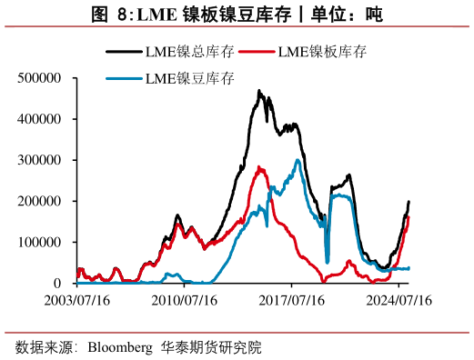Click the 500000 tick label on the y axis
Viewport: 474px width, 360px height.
click(x=39, y=78)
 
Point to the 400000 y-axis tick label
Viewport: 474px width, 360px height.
click(x=39, y=119)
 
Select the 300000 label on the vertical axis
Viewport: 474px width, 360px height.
click(x=39, y=160)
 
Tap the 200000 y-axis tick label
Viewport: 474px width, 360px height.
click(x=39, y=201)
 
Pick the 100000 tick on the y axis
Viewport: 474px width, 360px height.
click(x=39, y=242)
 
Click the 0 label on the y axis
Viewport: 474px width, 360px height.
click(x=56, y=283)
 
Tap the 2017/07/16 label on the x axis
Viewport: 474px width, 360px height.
click(x=291, y=299)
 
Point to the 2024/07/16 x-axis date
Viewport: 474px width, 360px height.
click(x=398, y=299)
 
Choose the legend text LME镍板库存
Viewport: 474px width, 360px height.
click(x=325, y=53)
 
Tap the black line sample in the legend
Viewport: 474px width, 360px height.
click(x=121, y=53)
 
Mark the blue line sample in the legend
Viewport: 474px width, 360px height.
click(x=121, y=79)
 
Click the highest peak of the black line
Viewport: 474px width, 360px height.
click(x=259, y=91)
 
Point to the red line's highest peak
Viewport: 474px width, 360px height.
click(x=260, y=167)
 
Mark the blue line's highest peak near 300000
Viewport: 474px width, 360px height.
click(x=298, y=161)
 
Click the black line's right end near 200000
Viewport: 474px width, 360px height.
click(x=408, y=202)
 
